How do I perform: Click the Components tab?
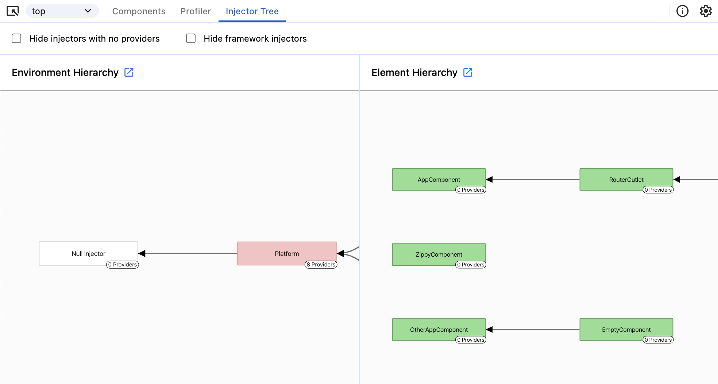(x=139, y=11)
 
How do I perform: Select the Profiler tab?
(x=196, y=11)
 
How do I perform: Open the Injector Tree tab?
(x=252, y=11)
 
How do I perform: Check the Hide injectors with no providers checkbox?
(x=16, y=38)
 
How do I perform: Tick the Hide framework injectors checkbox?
(x=191, y=38)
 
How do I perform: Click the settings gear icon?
(x=706, y=11)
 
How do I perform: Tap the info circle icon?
(x=682, y=11)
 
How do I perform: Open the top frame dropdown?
(x=62, y=11)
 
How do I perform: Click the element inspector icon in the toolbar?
(x=13, y=11)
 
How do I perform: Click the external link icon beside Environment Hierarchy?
(x=129, y=72)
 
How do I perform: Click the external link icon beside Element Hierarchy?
(x=468, y=72)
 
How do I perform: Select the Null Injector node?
(x=88, y=253)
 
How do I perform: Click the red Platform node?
(x=287, y=253)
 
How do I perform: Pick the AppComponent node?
(x=439, y=179)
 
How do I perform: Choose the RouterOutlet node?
(x=626, y=179)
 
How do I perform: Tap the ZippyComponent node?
(x=439, y=254)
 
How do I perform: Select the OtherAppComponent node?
(x=439, y=329)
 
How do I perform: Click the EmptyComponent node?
(x=626, y=329)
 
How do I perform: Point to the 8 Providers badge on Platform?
(x=321, y=265)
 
